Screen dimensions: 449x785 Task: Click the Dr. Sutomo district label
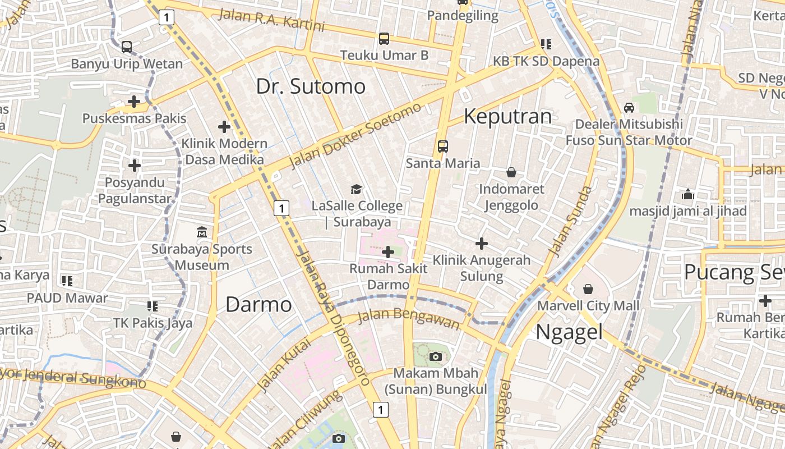click(x=311, y=86)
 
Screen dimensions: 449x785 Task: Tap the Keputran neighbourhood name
click(x=508, y=116)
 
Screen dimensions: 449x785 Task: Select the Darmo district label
click(x=258, y=305)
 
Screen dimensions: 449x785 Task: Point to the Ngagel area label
click(x=569, y=332)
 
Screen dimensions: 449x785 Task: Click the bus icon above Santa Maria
click(x=443, y=146)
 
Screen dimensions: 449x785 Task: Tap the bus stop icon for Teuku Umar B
click(x=384, y=39)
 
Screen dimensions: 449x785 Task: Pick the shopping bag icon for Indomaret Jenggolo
click(x=511, y=172)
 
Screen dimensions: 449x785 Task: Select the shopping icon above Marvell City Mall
click(x=588, y=289)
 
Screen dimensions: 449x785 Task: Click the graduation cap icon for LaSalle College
click(x=357, y=189)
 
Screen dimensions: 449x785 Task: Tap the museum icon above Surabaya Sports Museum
click(x=202, y=232)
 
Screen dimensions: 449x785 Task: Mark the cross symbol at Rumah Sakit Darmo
click(x=387, y=252)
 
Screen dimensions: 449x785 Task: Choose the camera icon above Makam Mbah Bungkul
click(x=436, y=356)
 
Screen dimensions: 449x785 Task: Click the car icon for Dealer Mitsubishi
click(x=629, y=107)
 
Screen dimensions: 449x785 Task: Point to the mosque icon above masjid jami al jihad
click(x=688, y=195)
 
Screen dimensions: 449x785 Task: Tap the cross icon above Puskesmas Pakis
click(x=134, y=102)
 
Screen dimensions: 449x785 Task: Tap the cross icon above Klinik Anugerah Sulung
click(x=481, y=244)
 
